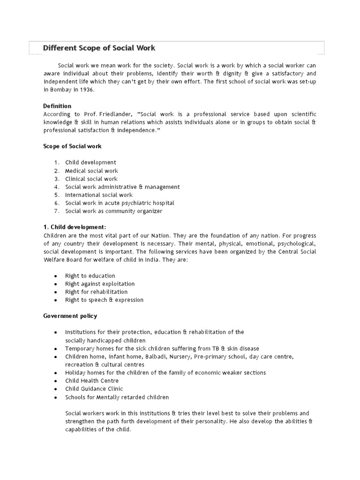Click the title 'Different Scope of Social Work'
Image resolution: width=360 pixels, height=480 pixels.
99,48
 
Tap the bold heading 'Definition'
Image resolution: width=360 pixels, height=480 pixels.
57,106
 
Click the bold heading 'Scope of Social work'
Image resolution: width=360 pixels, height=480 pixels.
72,146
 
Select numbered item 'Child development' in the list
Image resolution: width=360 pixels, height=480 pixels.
90,163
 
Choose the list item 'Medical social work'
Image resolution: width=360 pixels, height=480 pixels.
91,171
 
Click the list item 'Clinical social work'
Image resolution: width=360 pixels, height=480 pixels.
91,179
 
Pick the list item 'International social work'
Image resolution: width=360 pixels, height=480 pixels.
99,195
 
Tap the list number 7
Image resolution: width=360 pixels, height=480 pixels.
56,211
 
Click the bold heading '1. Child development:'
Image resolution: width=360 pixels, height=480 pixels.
75,227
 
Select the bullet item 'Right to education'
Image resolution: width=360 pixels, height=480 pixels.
90,276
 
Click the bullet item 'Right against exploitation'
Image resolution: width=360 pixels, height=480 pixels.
100,284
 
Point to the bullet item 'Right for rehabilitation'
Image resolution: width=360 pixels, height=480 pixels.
96,292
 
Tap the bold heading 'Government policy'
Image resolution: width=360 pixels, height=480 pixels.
70,316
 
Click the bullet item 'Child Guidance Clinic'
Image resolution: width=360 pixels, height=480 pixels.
94,389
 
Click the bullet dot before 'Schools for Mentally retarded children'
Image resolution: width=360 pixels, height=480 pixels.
55,397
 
